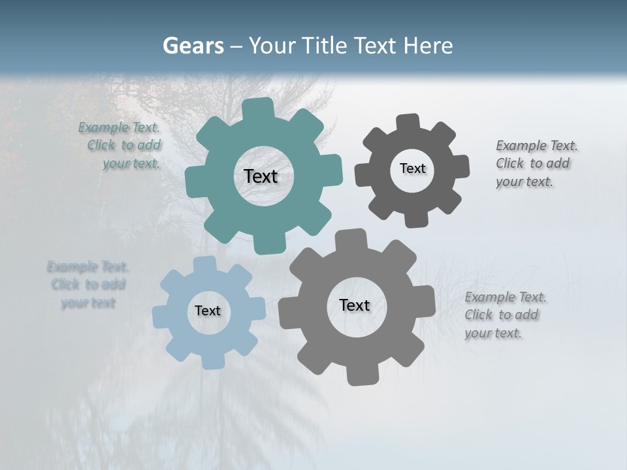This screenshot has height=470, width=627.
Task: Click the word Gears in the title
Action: pyautogui.click(x=193, y=46)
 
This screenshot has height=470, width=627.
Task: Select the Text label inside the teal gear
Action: pyautogui.click(x=261, y=176)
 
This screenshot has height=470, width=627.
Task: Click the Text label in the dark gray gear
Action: pyautogui.click(x=412, y=168)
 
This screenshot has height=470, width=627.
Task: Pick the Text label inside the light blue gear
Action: pyautogui.click(x=208, y=311)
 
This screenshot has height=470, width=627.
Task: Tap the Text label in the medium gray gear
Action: pyautogui.click(x=355, y=305)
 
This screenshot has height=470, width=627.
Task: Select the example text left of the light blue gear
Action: pyautogui.click(x=87, y=285)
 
